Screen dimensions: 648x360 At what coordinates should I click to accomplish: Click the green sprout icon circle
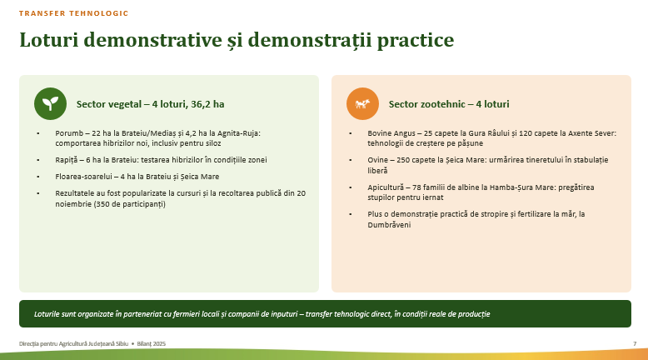[x=51, y=103]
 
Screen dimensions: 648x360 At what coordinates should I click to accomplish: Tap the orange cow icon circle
[x=362, y=103]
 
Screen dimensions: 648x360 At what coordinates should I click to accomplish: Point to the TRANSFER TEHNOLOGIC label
[x=73, y=13]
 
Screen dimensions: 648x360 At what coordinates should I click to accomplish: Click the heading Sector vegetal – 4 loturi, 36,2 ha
[x=151, y=104]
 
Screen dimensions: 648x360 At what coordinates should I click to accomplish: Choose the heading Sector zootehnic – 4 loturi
[x=449, y=104]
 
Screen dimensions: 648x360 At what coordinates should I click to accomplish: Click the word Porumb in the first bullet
[x=69, y=133]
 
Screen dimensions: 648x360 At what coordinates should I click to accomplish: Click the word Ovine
[x=378, y=160]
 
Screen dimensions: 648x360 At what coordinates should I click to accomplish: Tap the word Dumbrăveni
[x=389, y=225]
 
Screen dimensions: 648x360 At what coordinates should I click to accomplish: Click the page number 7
[x=635, y=343]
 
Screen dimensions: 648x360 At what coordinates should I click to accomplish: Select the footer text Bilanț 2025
[x=152, y=343]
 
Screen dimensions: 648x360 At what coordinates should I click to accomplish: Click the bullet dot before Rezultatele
[x=38, y=193]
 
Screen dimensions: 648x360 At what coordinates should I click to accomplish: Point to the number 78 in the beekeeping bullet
[x=416, y=187]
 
